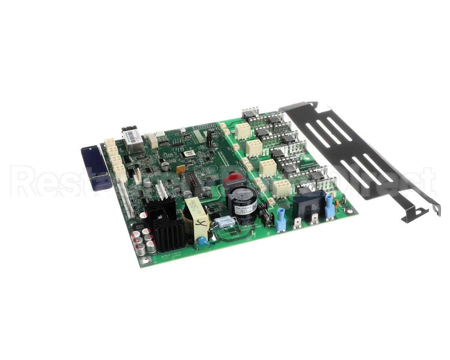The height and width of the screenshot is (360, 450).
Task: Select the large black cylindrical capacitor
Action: (242, 204)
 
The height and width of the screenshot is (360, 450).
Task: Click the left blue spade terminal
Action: (281, 222)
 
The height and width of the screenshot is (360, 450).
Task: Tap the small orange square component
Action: (181, 169)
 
